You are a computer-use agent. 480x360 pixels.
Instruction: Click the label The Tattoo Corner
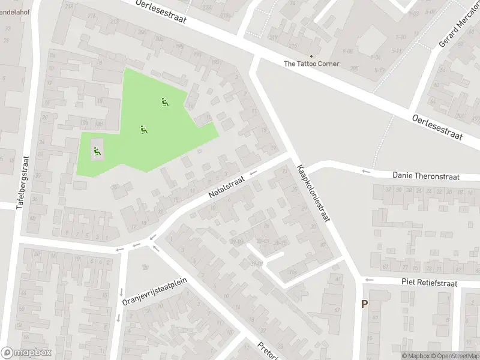click(311, 64)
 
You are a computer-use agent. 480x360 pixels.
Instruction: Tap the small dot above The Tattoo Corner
click(311, 56)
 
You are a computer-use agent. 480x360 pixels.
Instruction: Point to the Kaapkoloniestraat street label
click(313, 193)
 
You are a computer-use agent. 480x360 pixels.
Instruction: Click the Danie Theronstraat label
click(425, 176)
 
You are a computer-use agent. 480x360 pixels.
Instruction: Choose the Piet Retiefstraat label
click(430, 283)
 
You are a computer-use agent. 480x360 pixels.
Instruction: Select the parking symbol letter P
click(364, 304)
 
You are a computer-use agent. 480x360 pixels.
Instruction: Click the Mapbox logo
click(26, 353)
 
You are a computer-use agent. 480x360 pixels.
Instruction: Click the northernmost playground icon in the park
click(164, 102)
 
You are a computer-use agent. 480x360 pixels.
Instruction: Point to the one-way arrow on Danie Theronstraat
click(364, 173)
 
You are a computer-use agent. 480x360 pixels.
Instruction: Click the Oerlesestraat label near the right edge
click(437, 127)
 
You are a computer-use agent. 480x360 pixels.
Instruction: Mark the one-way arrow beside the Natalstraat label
click(253, 174)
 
